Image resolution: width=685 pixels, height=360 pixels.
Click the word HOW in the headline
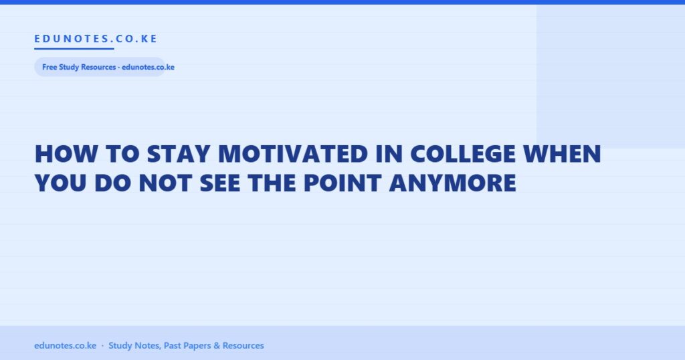(66, 154)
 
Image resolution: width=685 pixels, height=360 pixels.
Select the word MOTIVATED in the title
(293, 154)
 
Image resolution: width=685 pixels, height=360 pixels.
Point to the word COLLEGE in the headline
(463, 154)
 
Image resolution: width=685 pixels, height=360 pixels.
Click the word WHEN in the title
(562, 154)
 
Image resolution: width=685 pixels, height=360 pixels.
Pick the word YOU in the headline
(60, 183)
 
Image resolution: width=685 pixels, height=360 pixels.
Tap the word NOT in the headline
(165, 183)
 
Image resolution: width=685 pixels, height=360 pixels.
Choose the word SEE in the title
(219, 183)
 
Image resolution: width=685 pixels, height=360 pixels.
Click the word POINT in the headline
(342, 183)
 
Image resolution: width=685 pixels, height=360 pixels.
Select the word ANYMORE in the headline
(453, 183)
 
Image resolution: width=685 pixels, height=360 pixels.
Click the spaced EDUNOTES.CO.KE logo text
(96, 39)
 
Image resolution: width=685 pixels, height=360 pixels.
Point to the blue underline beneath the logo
(74, 48)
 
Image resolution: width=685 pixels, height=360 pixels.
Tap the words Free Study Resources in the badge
(79, 68)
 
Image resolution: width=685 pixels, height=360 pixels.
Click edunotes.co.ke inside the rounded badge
(148, 68)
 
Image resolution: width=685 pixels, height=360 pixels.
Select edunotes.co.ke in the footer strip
(65, 345)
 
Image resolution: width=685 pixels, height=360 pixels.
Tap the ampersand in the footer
(217, 345)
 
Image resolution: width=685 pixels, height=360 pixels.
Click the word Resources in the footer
(243, 345)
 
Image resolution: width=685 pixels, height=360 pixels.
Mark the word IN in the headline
(389, 154)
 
